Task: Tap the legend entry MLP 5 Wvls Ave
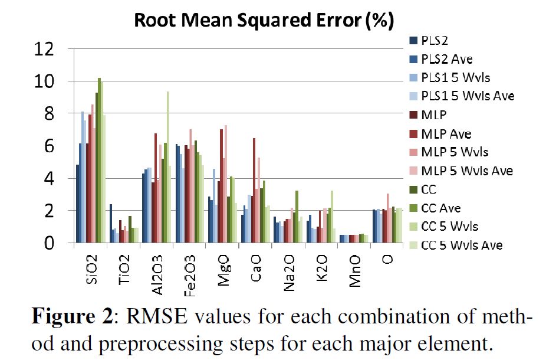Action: [467, 171]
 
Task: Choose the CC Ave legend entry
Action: [441, 208]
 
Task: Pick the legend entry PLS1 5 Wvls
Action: [455, 77]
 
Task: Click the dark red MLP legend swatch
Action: [414, 114]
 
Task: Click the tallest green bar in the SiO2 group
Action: [100, 160]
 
